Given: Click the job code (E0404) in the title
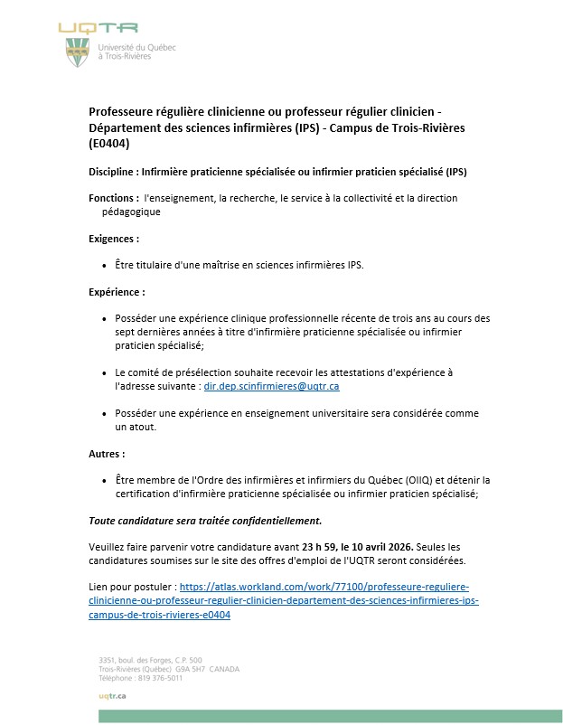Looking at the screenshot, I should click(109, 143).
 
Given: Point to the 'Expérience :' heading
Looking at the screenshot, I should click(117, 292).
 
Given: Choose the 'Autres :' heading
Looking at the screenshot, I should click(107, 453).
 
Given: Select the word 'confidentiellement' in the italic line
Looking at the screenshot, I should click(272, 521).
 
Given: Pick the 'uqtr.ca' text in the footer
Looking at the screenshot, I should click(112, 695).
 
